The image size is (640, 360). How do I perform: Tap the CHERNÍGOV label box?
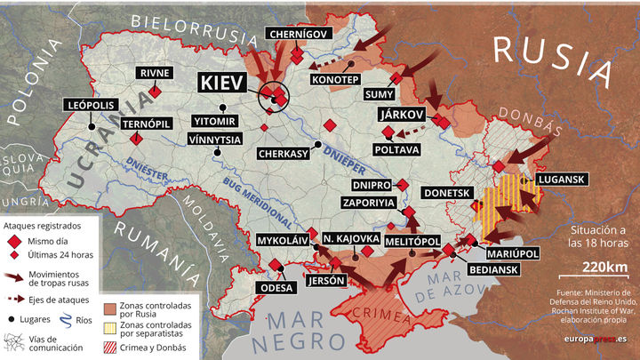(299, 34)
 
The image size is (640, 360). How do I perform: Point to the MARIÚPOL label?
(513, 253)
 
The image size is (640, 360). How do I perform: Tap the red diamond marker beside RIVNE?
(156, 91)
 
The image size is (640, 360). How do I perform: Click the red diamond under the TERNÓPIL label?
(136, 140)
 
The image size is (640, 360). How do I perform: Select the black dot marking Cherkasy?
(317, 145)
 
